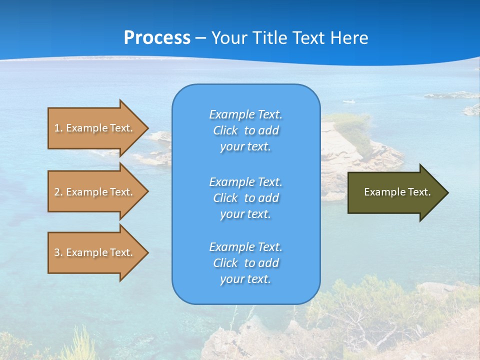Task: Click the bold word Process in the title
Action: (x=157, y=38)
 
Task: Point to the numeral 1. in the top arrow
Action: (x=58, y=128)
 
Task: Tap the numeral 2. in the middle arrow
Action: (x=58, y=192)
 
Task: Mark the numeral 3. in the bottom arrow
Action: (x=58, y=252)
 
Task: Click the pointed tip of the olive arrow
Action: (x=446, y=192)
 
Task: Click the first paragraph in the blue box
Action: (x=245, y=130)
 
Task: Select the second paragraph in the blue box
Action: (x=245, y=198)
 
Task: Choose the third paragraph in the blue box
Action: (x=245, y=263)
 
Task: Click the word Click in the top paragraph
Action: (x=225, y=130)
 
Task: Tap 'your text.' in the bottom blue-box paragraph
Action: (x=245, y=279)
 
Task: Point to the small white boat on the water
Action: (x=348, y=101)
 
